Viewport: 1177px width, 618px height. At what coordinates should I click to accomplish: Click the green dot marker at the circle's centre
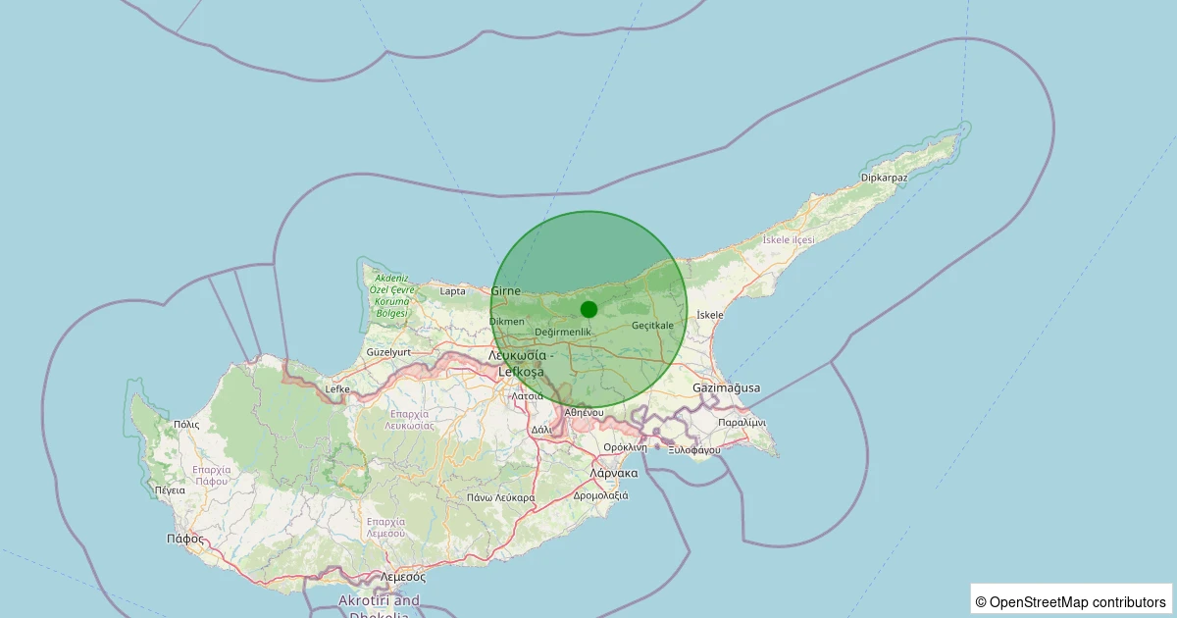point(588,309)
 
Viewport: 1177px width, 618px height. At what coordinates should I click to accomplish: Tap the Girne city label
point(506,290)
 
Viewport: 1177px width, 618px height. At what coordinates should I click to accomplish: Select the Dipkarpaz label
point(884,178)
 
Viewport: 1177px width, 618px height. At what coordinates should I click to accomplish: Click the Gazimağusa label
point(726,387)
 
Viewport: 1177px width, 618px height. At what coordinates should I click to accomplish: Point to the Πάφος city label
point(185,539)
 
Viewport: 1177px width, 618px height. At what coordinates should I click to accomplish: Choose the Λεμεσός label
point(402,577)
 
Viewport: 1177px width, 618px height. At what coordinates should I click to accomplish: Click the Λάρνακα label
point(614,473)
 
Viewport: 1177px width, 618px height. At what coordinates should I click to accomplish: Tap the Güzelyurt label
point(387,351)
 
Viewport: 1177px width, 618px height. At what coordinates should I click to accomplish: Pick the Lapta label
point(453,291)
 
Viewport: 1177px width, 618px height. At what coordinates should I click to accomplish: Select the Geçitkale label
point(653,325)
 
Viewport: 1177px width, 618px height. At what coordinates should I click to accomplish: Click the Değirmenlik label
point(563,332)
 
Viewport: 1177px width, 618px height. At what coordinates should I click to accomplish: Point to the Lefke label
point(337,389)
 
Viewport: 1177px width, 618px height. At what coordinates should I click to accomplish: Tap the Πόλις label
point(186,425)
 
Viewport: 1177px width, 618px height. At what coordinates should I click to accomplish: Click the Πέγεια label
point(170,489)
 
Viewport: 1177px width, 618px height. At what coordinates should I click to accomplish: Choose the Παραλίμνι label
point(742,422)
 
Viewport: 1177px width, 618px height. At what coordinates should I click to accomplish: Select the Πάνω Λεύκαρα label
point(500,497)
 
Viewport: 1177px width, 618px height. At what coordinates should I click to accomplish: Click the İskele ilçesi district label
point(789,240)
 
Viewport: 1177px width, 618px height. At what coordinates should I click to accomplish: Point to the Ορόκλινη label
point(626,447)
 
